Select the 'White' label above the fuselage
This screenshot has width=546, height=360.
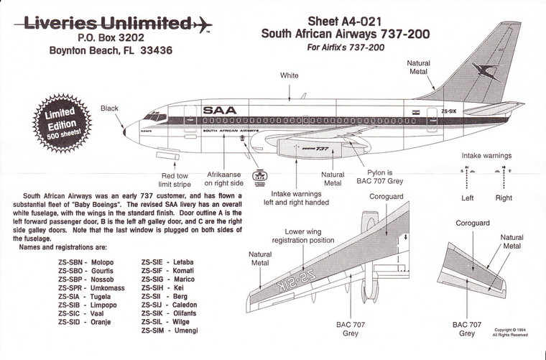coord(289,75)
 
